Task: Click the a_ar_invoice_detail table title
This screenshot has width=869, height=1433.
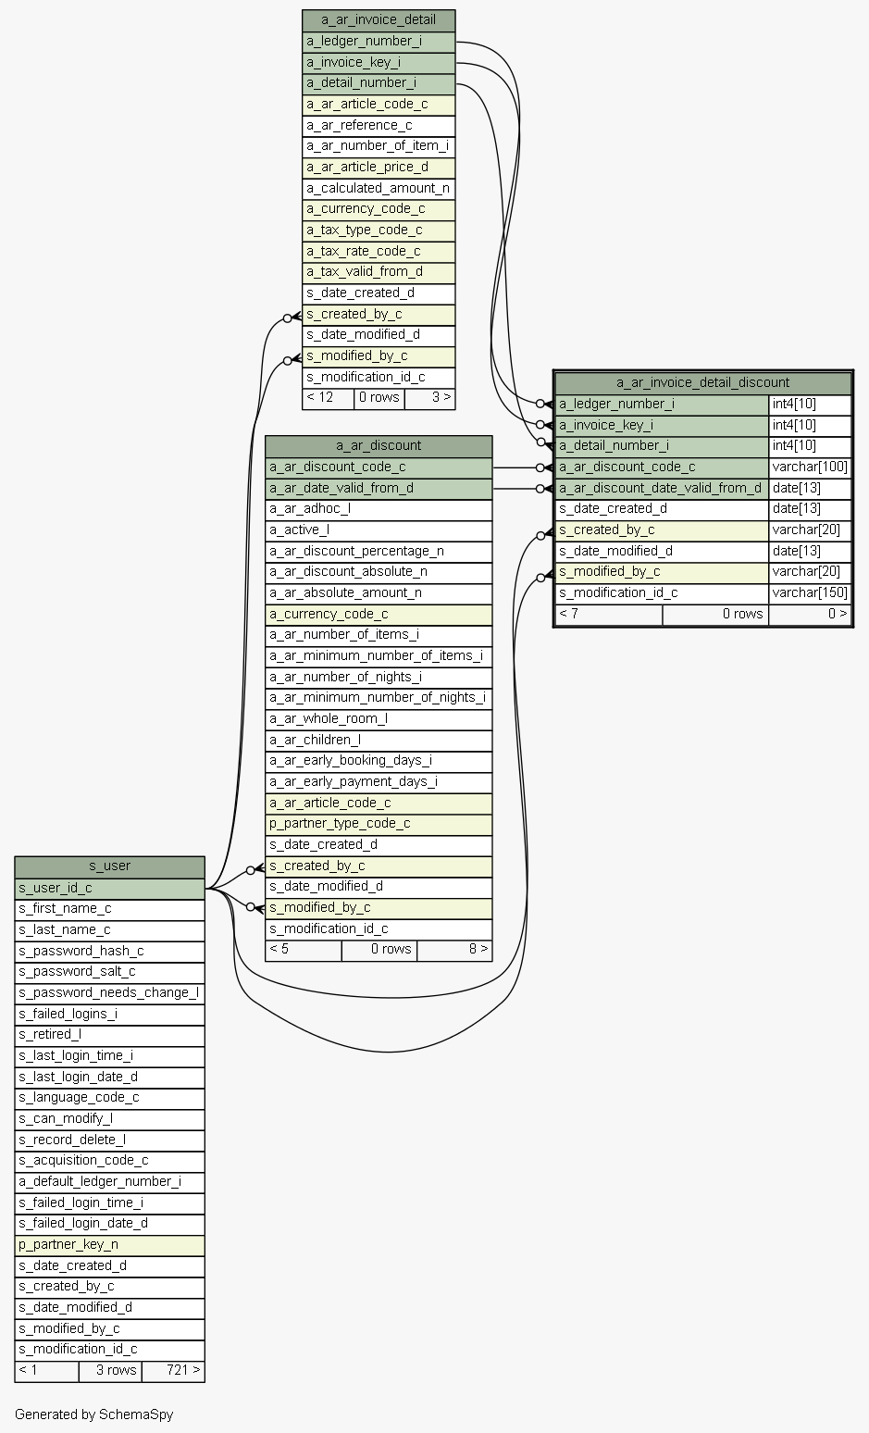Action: pos(379,19)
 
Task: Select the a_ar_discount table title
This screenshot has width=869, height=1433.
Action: pos(379,446)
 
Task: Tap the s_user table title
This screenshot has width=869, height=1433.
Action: pos(109,866)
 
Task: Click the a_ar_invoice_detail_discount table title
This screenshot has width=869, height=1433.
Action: pos(702,382)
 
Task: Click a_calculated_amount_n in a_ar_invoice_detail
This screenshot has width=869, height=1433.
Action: pos(379,188)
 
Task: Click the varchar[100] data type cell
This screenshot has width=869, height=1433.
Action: pos(810,467)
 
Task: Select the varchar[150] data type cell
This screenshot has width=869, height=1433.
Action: pos(810,593)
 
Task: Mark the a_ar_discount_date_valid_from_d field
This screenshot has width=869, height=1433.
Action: pos(661,488)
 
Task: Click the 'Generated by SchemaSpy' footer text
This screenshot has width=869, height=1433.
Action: pos(94,1414)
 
